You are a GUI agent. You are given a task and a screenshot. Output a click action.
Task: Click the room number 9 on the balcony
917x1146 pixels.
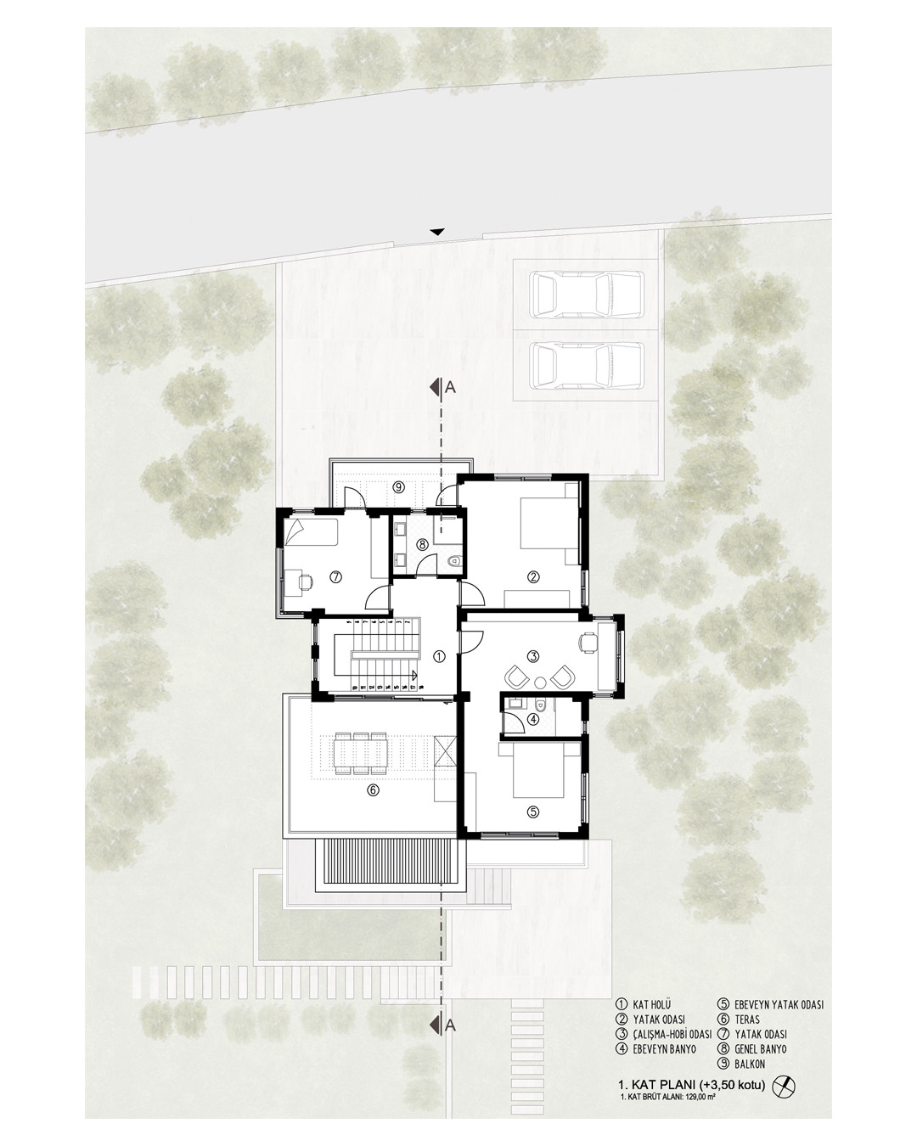click(397, 486)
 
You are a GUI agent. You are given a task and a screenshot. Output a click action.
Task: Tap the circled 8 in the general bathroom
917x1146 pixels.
click(422, 544)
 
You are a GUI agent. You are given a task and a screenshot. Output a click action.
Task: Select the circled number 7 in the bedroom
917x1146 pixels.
click(335, 576)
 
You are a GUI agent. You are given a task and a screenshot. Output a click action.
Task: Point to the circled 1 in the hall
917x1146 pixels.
click(439, 656)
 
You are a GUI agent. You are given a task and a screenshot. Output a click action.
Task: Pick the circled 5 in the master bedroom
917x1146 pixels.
click(533, 812)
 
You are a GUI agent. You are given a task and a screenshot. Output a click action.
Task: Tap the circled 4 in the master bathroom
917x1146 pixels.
click(533, 720)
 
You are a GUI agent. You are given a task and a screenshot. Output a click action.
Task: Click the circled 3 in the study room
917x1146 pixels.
click(534, 655)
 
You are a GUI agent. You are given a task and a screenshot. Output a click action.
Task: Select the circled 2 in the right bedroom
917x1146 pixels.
click(533, 576)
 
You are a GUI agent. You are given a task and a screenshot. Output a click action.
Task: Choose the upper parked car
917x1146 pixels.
click(587, 294)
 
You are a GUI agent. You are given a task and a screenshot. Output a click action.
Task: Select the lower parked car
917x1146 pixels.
click(587, 365)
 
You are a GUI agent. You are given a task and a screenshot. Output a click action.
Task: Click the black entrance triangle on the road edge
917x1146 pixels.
click(437, 232)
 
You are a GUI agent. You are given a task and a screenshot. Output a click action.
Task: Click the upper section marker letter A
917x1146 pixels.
click(450, 388)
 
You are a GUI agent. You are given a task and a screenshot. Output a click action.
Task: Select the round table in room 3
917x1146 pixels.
click(541, 681)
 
